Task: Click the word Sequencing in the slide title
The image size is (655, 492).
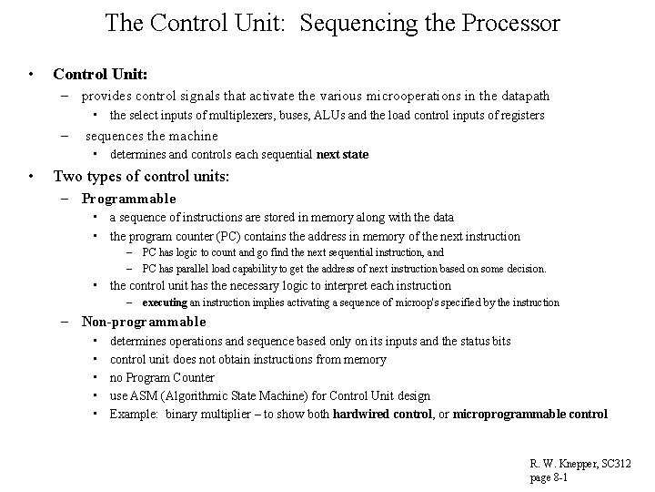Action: tap(342, 22)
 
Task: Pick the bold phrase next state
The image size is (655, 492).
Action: tap(342, 154)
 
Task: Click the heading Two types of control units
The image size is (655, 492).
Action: tap(141, 177)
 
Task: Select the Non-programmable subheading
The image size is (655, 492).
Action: tap(144, 322)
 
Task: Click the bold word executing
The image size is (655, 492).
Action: tap(165, 302)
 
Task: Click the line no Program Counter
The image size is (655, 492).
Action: tap(162, 377)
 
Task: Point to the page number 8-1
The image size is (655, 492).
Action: tap(559, 477)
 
